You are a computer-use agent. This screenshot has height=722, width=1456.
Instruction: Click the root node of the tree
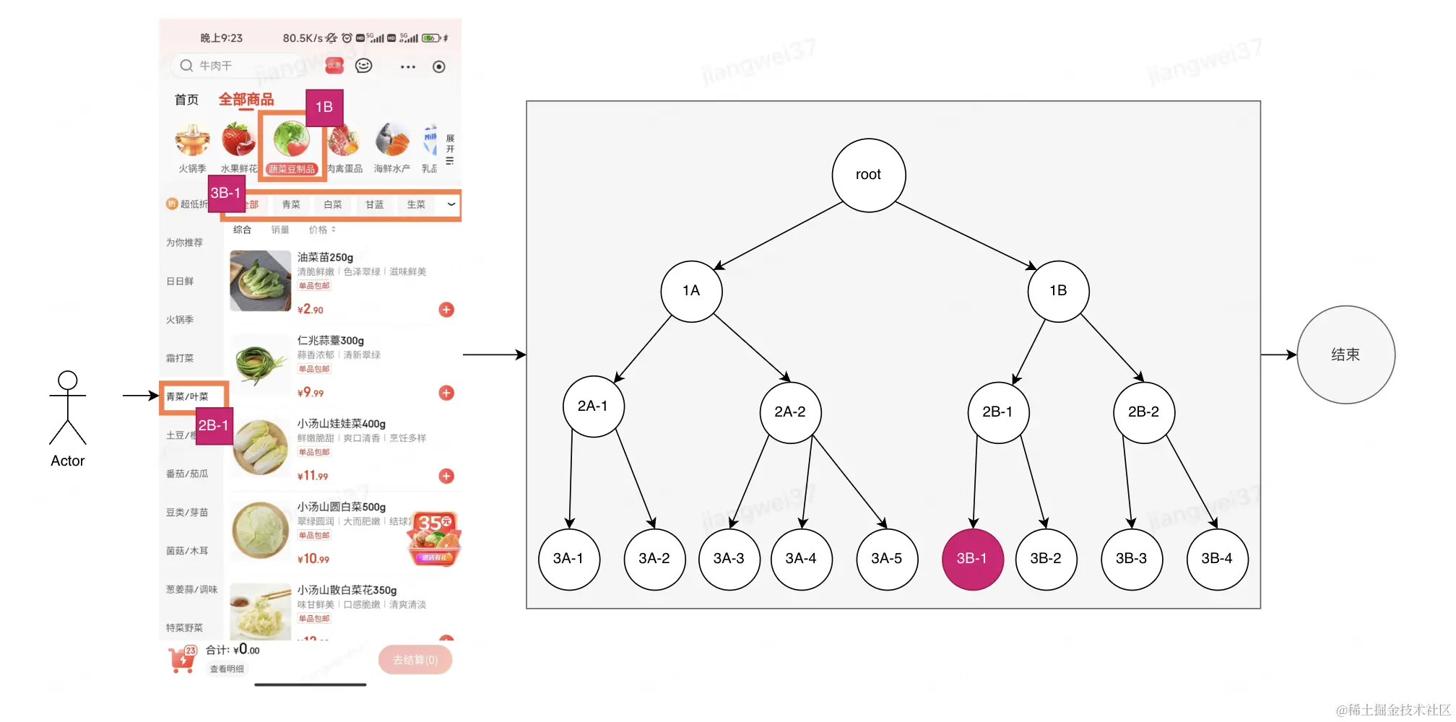[868, 175]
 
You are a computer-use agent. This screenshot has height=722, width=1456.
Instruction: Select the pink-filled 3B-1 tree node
[972, 559]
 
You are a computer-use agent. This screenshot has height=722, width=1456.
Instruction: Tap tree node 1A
[691, 291]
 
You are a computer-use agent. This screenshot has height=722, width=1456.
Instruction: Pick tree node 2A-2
[790, 412]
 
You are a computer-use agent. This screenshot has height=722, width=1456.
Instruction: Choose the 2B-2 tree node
[1143, 412]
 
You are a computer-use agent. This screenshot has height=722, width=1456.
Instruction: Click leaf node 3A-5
[886, 559]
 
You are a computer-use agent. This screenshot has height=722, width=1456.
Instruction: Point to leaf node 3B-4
[1217, 559]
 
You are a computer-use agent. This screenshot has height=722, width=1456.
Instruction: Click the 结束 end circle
[1345, 355]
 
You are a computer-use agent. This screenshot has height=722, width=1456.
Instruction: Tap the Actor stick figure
[68, 408]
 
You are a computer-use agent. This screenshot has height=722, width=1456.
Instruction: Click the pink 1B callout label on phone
[324, 107]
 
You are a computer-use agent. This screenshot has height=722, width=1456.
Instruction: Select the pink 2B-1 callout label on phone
[214, 425]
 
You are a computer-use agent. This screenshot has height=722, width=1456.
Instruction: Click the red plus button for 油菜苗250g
[446, 310]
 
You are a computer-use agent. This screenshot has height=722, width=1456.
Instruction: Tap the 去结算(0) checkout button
[415, 660]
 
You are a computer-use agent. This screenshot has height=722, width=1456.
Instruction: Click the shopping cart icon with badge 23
[182, 659]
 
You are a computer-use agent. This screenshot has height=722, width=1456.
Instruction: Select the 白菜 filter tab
[333, 205]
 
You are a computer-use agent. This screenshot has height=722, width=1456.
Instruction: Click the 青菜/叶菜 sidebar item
[188, 396]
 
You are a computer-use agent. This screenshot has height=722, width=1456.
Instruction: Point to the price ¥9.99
[311, 393]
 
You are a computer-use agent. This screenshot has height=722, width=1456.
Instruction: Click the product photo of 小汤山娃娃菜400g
[261, 447]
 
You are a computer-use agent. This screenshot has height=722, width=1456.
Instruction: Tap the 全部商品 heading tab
[246, 100]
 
